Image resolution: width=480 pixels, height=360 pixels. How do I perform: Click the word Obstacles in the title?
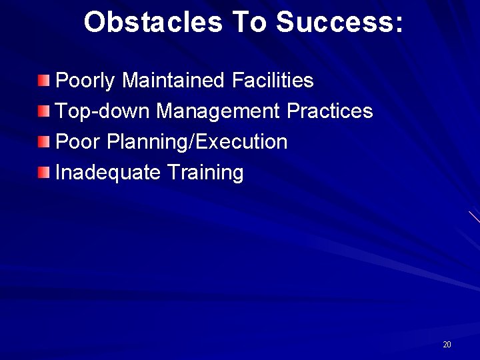click(x=153, y=22)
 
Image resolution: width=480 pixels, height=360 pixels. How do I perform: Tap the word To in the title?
click(x=249, y=22)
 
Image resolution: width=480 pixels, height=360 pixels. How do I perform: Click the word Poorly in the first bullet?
click(x=86, y=81)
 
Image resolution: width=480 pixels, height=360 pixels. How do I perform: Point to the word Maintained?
click(x=175, y=81)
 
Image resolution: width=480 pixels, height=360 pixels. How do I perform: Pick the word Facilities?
click(x=273, y=81)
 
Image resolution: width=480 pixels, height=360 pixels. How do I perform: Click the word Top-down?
click(x=103, y=111)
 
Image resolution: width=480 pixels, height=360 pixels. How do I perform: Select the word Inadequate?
click(x=108, y=173)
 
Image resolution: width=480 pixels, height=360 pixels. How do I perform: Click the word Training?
click(x=205, y=173)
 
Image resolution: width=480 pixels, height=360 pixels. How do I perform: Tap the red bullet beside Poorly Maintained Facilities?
click(x=43, y=81)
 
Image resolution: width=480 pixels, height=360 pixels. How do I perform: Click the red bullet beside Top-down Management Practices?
click(x=43, y=111)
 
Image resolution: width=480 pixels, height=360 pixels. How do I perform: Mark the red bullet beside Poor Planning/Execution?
click(x=43, y=142)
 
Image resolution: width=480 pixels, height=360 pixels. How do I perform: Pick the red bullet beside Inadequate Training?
click(x=43, y=173)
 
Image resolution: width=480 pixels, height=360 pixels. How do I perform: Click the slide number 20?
click(x=447, y=345)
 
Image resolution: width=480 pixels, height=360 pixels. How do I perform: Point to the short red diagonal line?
click(x=474, y=217)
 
